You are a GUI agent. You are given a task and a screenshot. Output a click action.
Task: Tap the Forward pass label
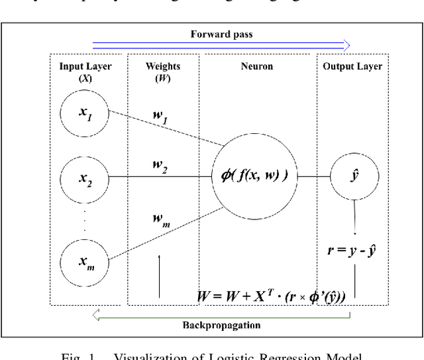(x=220, y=34)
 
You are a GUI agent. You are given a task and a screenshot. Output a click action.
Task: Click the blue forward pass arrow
(x=220, y=45)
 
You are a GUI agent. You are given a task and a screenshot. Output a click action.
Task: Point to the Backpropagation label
(x=220, y=327)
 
